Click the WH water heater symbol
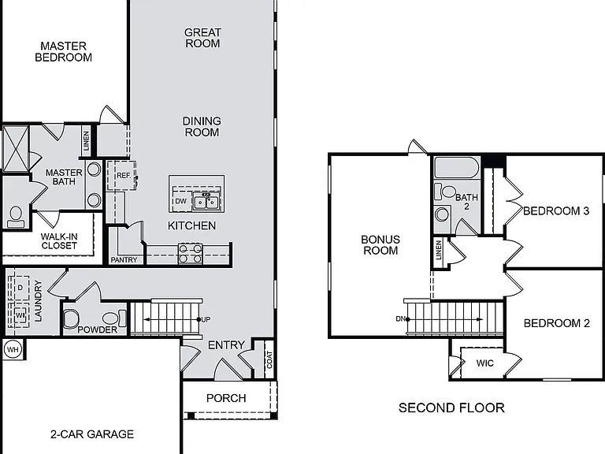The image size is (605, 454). click(x=12, y=348)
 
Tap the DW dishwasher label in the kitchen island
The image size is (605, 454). click(x=180, y=201)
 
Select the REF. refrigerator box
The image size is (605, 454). click(x=124, y=175)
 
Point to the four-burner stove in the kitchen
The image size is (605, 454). click(x=190, y=253)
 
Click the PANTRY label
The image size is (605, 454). click(x=124, y=260)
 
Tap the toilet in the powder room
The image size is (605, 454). click(x=71, y=318)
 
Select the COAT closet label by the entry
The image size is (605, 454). click(x=269, y=360)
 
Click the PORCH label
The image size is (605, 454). click(x=226, y=398)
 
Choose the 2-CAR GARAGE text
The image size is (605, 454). click(x=92, y=434)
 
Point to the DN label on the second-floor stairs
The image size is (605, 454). click(x=402, y=319)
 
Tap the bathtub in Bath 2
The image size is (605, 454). click(x=455, y=168)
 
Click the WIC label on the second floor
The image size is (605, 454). click(x=485, y=363)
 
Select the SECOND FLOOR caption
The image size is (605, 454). click(x=451, y=407)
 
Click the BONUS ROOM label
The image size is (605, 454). click(x=380, y=244)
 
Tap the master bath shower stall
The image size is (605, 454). click(x=15, y=148)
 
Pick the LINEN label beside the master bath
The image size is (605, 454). click(x=86, y=143)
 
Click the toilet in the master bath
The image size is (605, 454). click(x=15, y=216)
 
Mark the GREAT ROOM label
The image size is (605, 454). click(x=202, y=38)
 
